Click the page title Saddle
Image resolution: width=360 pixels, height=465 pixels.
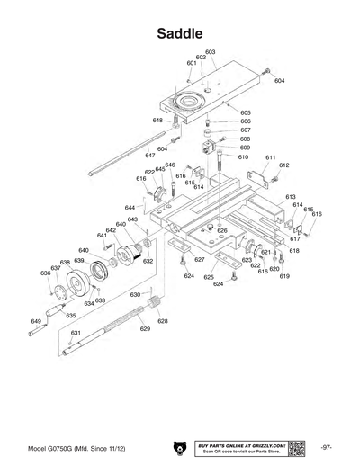point(180,33)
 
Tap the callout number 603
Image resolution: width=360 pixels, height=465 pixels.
point(210,52)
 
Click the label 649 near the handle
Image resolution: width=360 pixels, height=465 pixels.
point(36,321)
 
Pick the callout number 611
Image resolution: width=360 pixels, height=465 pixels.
point(269,157)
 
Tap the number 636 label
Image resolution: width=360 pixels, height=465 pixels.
point(46,273)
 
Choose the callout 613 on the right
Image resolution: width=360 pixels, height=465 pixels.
point(291,197)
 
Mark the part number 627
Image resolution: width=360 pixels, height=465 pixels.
point(200,260)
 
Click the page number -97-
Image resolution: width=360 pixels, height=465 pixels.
point(328,447)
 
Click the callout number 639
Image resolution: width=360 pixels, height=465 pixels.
point(79,261)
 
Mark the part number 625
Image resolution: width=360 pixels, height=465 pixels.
point(209,277)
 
